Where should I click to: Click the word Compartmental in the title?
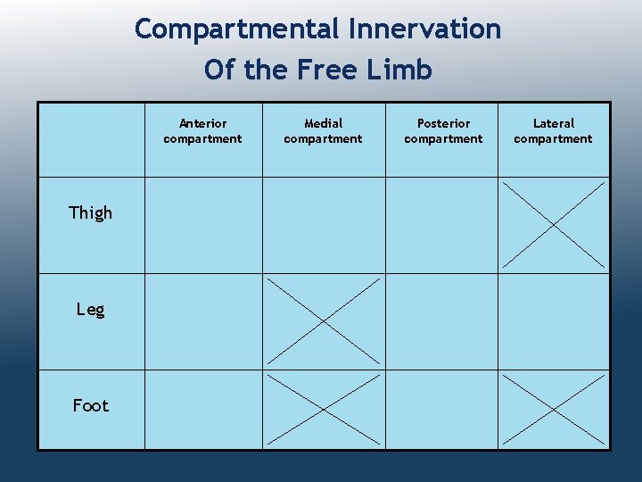tap(238, 29)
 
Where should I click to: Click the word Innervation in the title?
tap(425, 29)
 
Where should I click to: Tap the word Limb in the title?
tap(403, 70)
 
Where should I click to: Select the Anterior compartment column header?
tap(202, 131)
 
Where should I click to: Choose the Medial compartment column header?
tap(323, 131)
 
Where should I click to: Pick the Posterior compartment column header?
tap(443, 131)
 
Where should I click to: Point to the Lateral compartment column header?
tap(553, 131)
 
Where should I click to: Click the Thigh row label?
tap(91, 212)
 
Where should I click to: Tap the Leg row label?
tap(91, 310)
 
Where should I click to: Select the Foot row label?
tap(91, 405)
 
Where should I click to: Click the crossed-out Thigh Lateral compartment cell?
tap(553, 225)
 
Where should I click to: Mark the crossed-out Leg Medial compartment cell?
tap(324, 321)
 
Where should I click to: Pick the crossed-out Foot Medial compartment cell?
tap(324, 409)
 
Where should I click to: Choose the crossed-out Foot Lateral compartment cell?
tap(553, 409)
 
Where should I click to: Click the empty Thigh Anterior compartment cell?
tap(203, 225)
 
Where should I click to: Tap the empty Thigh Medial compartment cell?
tap(324, 225)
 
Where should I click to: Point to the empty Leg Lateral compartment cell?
tap(553, 321)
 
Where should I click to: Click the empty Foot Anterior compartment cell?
tap(203, 409)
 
